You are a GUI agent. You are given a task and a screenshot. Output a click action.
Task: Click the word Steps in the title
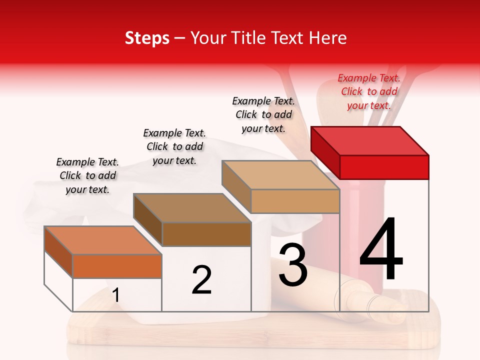click(x=147, y=38)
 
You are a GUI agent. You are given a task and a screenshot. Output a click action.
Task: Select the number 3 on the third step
click(x=292, y=265)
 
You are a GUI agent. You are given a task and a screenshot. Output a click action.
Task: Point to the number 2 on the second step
click(x=201, y=280)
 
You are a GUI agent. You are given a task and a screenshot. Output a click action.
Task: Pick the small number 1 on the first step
click(x=116, y=295)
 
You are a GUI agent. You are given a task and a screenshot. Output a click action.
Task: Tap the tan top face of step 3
click(x=280, y=175)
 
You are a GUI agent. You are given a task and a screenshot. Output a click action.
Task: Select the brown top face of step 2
click(x=192, y=208)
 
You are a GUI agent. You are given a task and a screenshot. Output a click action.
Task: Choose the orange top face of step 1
click(x=103, y=240)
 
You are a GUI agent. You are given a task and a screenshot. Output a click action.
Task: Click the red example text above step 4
click(x=369, y=91)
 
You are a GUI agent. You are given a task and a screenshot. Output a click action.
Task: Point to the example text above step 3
click(x=263, y=114)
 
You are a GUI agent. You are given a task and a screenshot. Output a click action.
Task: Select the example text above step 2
click(x=174, y=146)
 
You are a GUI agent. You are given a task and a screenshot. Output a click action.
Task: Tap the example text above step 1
click(x=87, y=175)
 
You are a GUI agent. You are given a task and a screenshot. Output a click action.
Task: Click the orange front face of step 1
click(x=117, y=266)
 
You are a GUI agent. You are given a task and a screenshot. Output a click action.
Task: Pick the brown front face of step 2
click(x=206, y=234)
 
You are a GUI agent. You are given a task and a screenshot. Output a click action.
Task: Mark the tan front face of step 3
click(x=295, y=201)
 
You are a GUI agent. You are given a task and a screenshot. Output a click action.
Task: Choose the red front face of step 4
click(x=384, y=167)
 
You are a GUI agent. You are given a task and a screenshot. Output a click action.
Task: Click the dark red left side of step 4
click(x=325, y=152)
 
